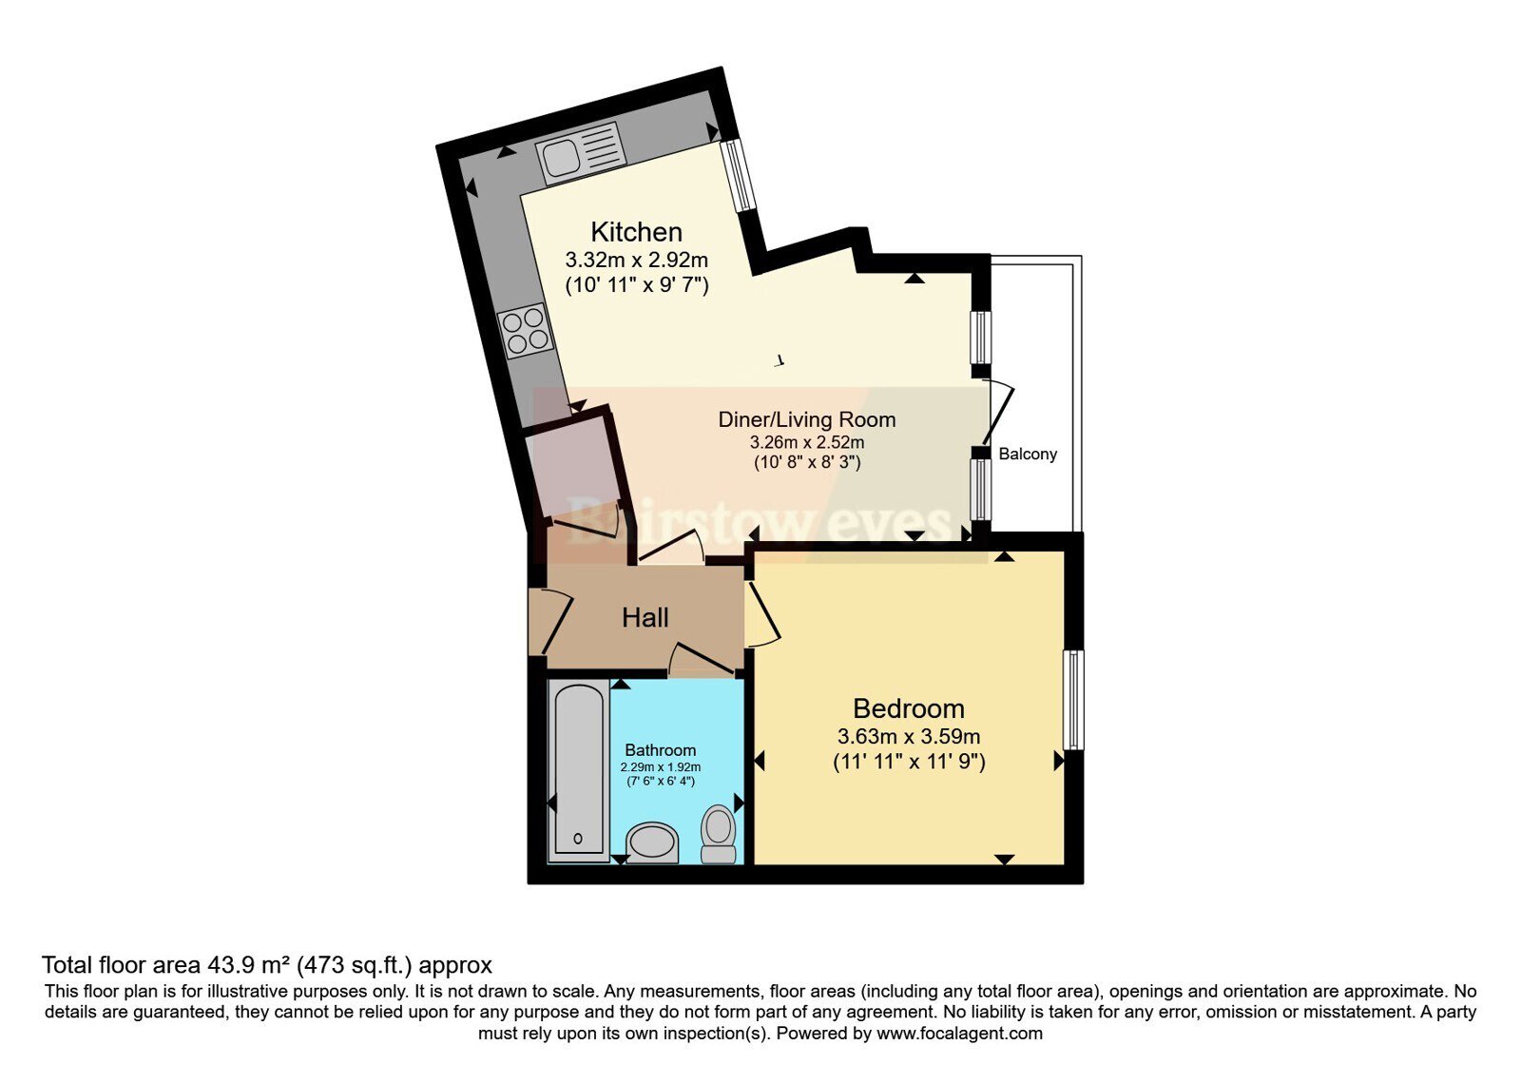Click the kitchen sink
pos(581,153)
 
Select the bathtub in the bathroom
pos(579,771)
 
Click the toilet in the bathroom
pos(719,834)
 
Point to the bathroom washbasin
pos(652,842)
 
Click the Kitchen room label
pos(636,232)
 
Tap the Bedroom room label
pos(909,708)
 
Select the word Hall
pos(645,618)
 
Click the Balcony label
pos(1028,454)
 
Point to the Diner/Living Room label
pos(807,419)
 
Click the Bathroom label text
pos(660,750)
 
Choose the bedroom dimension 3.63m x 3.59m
pos(909,736)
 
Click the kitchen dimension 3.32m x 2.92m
pos(636,261)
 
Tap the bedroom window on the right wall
pos(1073,700)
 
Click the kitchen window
pos(738,175)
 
